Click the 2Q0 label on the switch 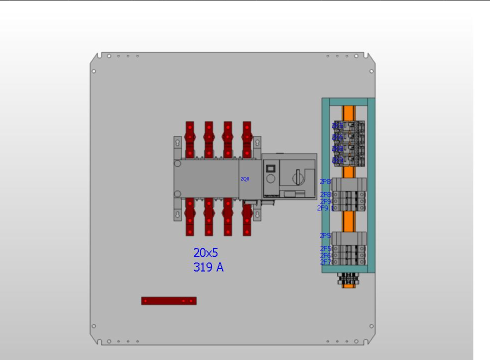(245, 179)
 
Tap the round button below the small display (270, 179)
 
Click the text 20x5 (206, 253)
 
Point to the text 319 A (208, 267)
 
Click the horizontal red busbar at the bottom (168, 300)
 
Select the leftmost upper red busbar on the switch (190, 139)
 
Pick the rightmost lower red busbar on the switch (247, 216)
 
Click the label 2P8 (325, 182)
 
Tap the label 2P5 (325, 235)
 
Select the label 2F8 (325, 195)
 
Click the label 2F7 (325, 262)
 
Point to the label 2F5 (325, 248)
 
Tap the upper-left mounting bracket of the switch (176, 143)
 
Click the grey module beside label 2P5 (349, 237)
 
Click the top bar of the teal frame (348, 101)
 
